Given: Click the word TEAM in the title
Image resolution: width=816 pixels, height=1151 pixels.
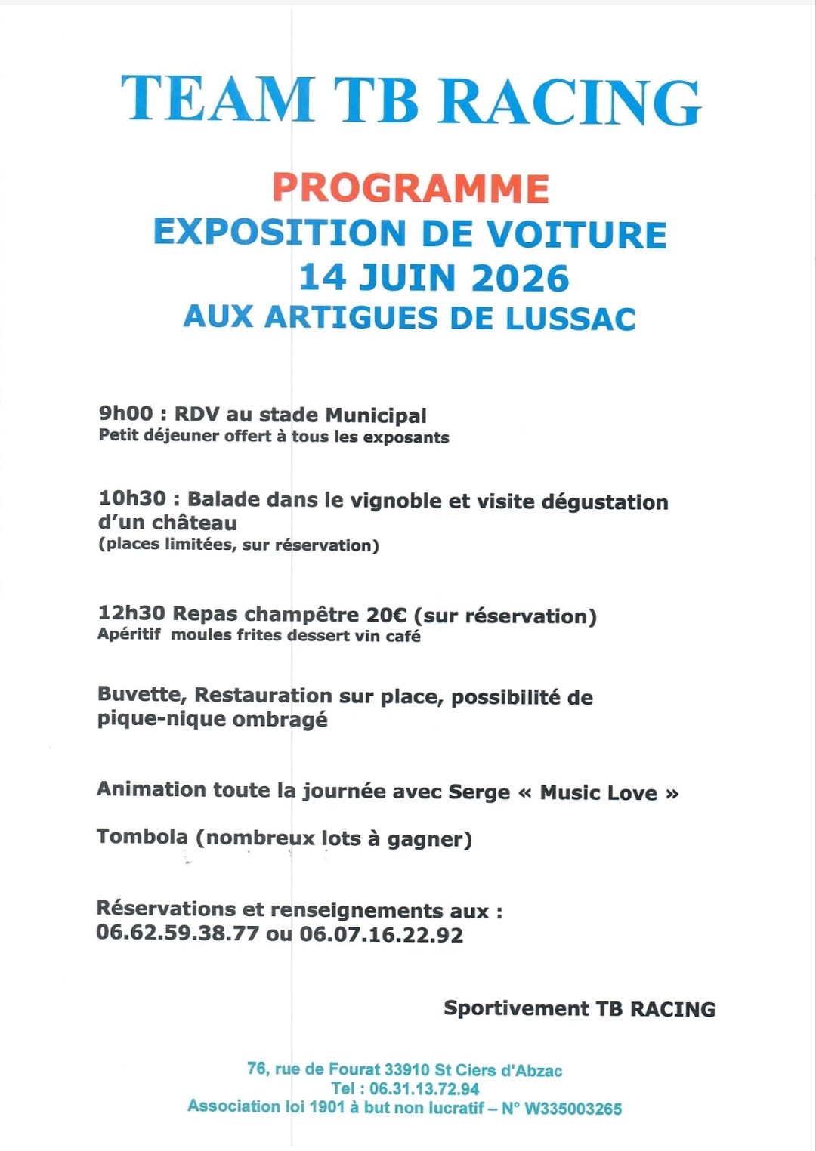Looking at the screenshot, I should pyautogui.click(x=218, y=100).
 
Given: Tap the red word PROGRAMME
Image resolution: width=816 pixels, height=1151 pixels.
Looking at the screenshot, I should pyautogui.click(x=410, y=189).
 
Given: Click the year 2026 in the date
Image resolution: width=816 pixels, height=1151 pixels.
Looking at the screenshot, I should pyautogui.click(x=520, y=278).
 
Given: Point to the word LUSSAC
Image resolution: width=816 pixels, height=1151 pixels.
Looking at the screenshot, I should pyautogui.click(x=570, y=318).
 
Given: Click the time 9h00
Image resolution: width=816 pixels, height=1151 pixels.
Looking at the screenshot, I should pyautogui.click(x=125, y=414).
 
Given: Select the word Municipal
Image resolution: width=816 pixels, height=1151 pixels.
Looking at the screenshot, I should pyautogui.click(x=376, y=415).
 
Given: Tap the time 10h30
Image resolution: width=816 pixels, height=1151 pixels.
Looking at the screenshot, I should pyautogui.click(x=132, y=498).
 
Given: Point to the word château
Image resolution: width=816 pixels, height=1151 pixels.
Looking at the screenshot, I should pyautogui.click(x=194, y=523).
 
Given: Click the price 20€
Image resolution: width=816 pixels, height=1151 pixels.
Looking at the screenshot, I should pyautogui.click(x=387, y=615).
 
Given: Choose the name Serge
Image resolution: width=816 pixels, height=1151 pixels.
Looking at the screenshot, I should pyautogui.click(x=479, y=792).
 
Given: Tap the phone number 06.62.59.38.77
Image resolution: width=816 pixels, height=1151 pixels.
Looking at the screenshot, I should pyautogui.click(x=178, y=933).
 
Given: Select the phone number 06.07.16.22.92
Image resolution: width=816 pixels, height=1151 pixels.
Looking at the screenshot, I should pyautogui.click(x=382, y=935).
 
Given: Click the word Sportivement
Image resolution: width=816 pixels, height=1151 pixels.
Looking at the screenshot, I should pyautogui.click(x=516, y=1008).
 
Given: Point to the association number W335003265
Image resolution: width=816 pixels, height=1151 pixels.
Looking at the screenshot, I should pyautogui.click(x=573, y=1109).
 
